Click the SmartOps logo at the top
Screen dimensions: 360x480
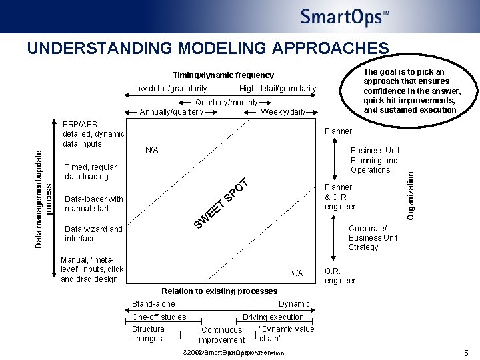[344, 17]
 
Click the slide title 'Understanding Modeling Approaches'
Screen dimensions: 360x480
[207, 49]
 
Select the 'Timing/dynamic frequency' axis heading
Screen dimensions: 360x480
[223, 75]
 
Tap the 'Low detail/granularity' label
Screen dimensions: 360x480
[169, 89]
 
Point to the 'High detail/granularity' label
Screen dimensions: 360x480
[277, 89]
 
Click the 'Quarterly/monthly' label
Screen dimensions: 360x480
[227, 103]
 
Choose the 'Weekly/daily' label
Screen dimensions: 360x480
[283, 112]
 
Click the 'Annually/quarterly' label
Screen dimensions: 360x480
[172, 112]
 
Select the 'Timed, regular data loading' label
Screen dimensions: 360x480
[91, 172]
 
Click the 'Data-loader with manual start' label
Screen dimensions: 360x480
[94, 204]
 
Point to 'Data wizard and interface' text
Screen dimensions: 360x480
[93, 234]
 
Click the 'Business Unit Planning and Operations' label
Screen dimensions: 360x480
[375, 160]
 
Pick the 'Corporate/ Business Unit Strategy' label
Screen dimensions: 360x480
[373, 238]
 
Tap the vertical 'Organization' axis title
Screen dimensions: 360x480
[411, 194]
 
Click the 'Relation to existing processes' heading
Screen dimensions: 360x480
[219, 291]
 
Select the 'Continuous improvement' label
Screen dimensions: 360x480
[222, 335]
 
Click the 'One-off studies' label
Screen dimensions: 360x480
[159, 317]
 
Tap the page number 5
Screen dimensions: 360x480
[465, 353]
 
